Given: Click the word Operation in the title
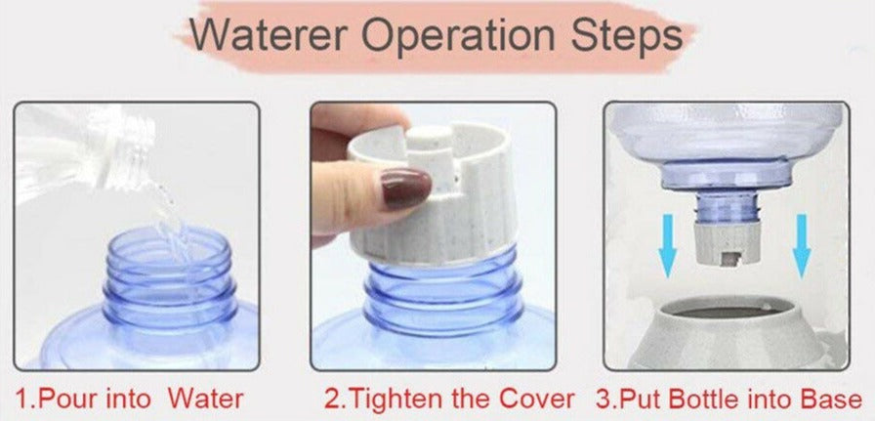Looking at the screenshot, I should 464,36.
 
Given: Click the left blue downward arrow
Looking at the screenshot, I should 668,244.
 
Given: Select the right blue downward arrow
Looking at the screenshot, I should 802,244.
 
